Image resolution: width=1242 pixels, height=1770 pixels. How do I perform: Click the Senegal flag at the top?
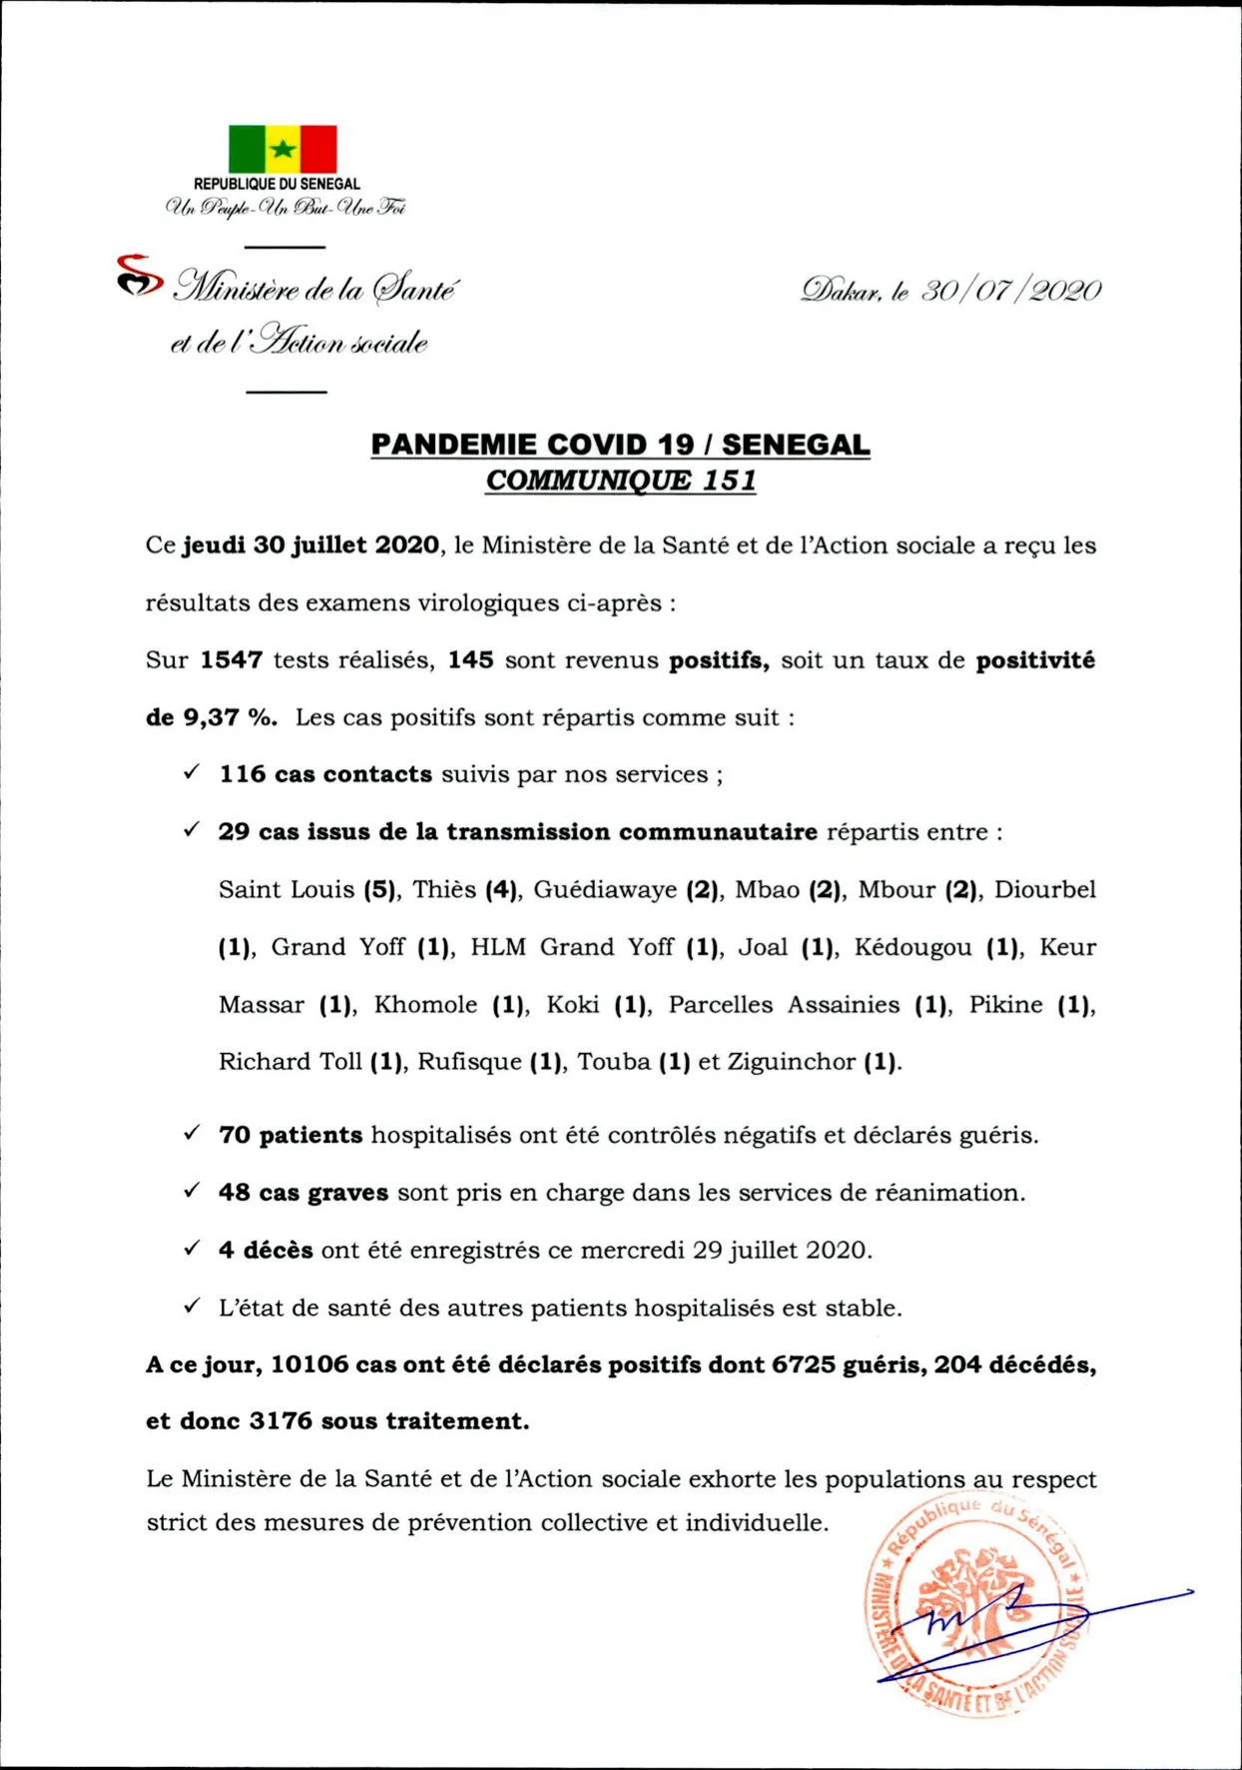click(x=283, y=149)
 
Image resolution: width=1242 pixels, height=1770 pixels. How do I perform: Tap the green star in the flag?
click(x=283, y=150)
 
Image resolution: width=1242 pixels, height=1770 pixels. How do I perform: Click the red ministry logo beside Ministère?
click(x=139, y=276)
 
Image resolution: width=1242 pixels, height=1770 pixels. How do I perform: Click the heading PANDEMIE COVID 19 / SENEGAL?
click(x=620, y=444)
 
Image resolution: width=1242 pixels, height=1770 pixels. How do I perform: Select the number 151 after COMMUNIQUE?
click(x=729, y=480)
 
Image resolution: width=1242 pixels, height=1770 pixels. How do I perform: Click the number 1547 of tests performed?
click(x=231, y=660)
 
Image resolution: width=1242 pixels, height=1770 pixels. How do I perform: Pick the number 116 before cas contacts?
click(x=243, y=774)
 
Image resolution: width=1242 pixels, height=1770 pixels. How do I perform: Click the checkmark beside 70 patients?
click(x=192, y=1133)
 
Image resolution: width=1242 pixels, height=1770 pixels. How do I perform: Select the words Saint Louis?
click(x=287, y=889)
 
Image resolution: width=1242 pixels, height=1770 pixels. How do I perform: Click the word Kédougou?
click(x=913, y=947)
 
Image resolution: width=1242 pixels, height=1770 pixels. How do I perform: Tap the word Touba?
click(x=614, y=1061)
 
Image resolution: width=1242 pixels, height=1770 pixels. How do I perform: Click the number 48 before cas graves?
click(x=234, y=1192)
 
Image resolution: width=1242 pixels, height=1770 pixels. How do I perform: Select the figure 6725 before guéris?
click(x=803, y=1364)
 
